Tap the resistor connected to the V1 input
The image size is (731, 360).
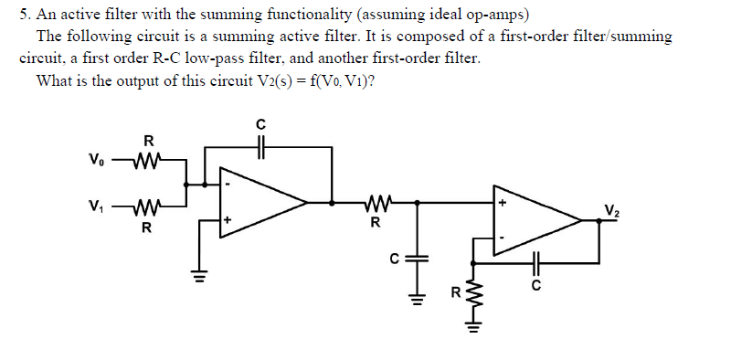146,206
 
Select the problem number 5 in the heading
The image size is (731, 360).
24,16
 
